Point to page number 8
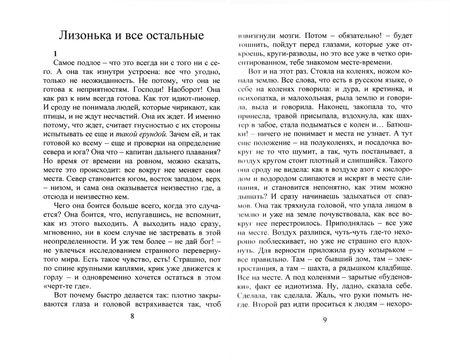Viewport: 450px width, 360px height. click(x=131, y=340)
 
